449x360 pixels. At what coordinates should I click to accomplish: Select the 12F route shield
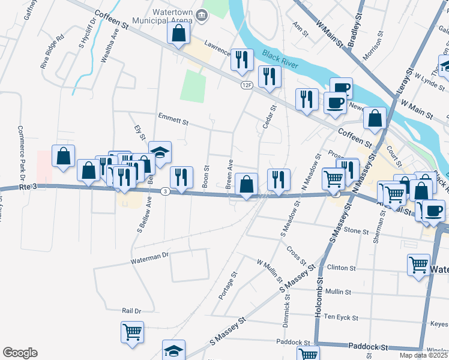coord(247,85)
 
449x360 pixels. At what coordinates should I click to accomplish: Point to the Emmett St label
coord(173,118)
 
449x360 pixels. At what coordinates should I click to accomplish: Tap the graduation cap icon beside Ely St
coord(160,152)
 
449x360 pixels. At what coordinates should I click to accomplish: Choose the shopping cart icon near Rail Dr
coord(132,332)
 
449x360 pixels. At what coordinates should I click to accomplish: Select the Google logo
coord(20,353)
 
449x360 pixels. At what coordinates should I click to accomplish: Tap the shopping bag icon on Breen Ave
coord(246,184)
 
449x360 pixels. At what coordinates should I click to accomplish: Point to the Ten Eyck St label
coord(340,317)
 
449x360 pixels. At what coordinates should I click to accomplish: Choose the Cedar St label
coord(268,118)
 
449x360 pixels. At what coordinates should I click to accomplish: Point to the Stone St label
coord(356,230)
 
